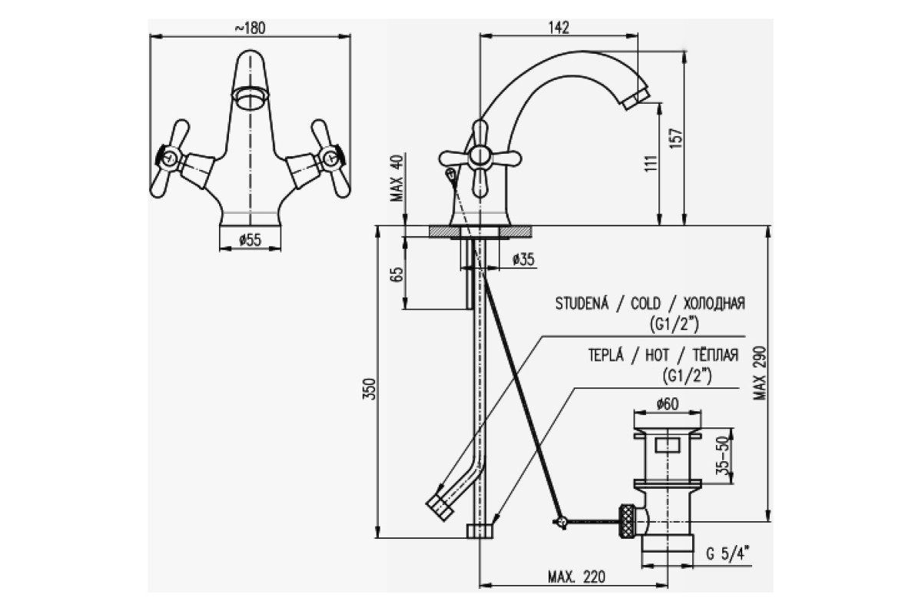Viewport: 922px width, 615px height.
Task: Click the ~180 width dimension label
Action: point(250,28)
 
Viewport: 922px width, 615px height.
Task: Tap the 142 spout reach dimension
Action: point(559,28)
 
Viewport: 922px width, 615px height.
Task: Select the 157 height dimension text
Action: point(677,138)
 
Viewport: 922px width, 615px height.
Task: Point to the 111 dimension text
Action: point(651,163)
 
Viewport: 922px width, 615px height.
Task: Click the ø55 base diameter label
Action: point(250,240)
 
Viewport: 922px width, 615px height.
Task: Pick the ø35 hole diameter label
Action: point(523,260)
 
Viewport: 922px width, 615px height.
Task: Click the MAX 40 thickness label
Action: point(398,177)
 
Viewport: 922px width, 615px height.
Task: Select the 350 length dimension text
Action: point(370,389)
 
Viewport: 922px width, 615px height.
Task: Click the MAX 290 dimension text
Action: point(760,373)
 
